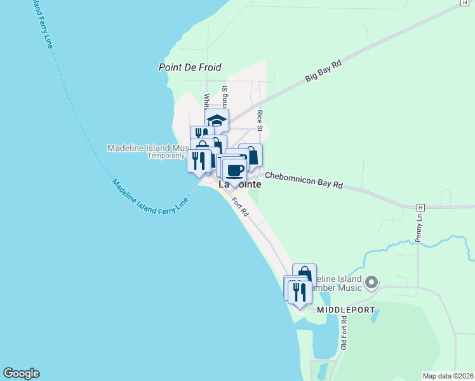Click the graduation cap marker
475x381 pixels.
[x=217, y=120]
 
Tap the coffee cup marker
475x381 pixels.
[x=234, y=170]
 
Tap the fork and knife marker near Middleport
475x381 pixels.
[x=300, y=292]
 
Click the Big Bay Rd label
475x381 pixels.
[x=323, y=70]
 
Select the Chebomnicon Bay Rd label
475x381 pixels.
[x=304, y=180]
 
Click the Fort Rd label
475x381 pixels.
[x=240, y=208]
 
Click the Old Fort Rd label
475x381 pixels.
[x=344, y=334]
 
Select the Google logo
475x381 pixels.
[x=21, y=373]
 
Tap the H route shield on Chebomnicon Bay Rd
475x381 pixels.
[x=420, y=208]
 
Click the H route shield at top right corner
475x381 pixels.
[x=465, y=3]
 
